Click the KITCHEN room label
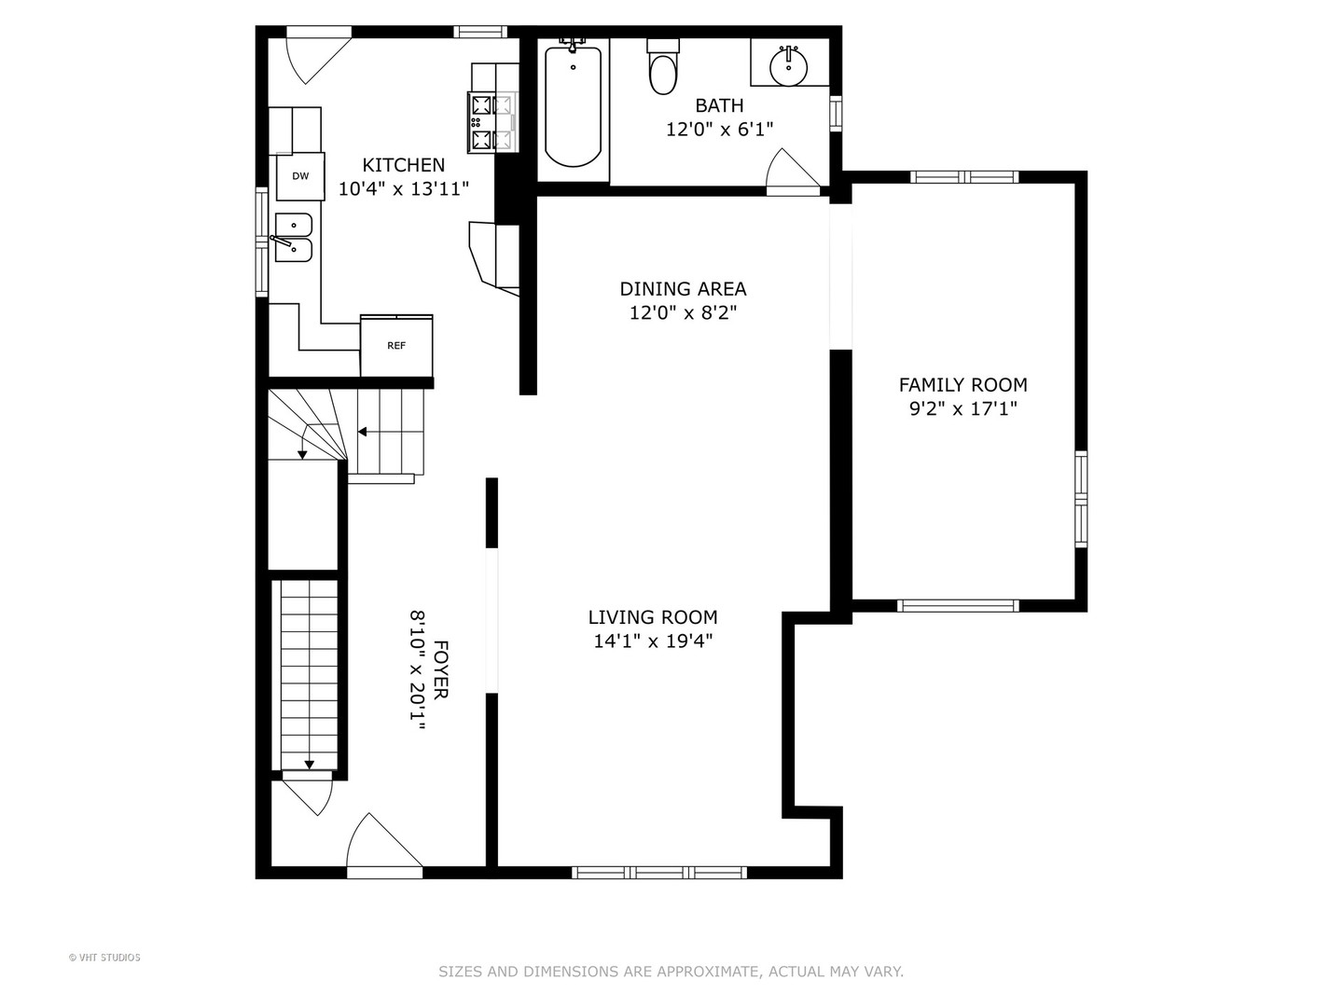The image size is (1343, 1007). [x=403, y=165]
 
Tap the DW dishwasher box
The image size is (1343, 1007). [x=300, y=176]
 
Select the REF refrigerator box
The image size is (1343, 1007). [x=396, y=346]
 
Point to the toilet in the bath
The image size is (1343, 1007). [x=663, y=66]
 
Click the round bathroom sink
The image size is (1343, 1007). [x=788, y=66]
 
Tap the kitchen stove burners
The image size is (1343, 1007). [x=492, y=122]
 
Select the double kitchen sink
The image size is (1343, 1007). [x=294, y=237]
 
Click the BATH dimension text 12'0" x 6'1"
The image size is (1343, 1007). [x=719, y=130]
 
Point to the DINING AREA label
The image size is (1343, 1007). [x=683, y=289]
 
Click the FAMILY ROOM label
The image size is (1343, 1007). [x=963, y=384]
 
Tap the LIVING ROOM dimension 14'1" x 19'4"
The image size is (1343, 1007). [x=654, y=641]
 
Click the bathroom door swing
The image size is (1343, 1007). [x=793, y=172]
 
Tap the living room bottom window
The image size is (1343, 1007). [x=659, y=873]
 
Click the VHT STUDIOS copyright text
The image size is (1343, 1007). [x=104, y=958]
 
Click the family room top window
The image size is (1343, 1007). [x=965, y=177]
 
